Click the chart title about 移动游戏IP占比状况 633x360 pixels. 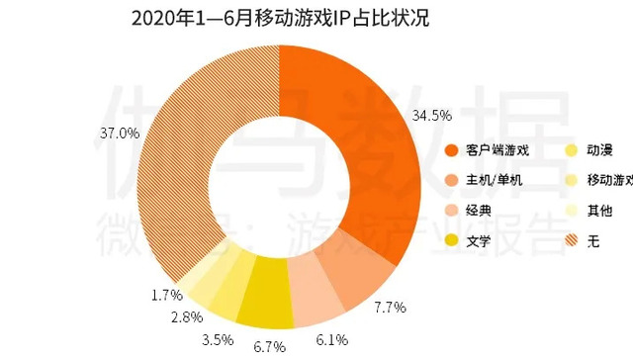[280, 20]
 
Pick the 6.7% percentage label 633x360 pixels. [270, 347]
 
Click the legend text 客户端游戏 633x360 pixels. [500, 150]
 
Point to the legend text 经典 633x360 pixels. [481, 210]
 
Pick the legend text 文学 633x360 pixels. [481, 239]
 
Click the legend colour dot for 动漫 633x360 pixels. [571, 150]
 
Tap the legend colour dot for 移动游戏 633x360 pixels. [571, 180]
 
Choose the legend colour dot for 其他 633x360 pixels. [571, 210]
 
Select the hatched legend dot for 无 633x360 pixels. [571, 239]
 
